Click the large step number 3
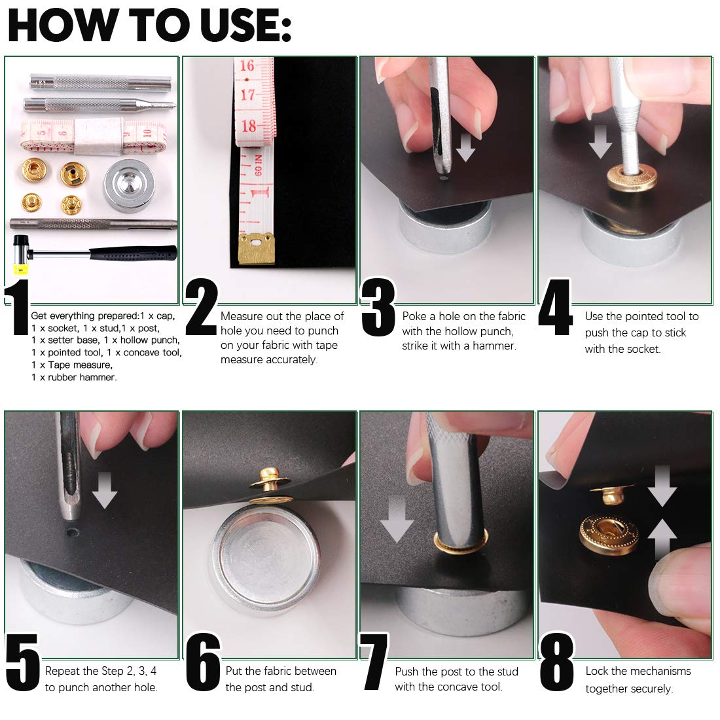point(378,307)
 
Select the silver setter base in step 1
point(129,185)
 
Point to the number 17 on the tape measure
point(248,95)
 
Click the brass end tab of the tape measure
point(256,249)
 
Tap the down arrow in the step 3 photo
point(465,147)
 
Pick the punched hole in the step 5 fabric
point(71,533)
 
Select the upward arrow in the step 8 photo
point(662,539)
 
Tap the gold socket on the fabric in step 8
point(609,533)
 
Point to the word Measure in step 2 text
point(241,316)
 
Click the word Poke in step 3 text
point(414,316)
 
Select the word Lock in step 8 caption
point(597,671)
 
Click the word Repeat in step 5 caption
point(63,672)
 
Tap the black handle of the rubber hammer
point(133,253)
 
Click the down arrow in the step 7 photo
point(397,519)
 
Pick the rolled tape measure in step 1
point(94,135)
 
